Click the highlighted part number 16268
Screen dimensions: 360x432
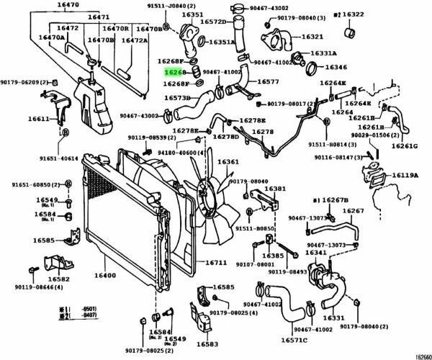point(176,73)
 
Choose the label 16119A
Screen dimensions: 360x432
point(406,175)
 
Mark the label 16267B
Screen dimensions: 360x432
point(333,199)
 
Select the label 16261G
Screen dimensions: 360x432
point(405,146)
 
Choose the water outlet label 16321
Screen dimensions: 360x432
point(312,36)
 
